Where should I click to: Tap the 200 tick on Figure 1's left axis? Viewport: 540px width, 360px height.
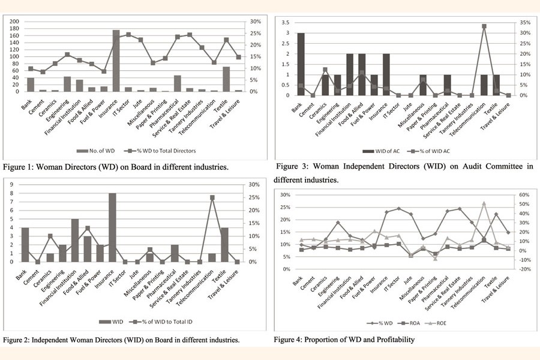14,22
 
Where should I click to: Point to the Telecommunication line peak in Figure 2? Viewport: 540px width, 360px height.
212,197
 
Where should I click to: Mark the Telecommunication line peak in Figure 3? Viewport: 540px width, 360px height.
484,26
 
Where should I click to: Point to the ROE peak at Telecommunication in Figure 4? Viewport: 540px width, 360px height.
484,203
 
